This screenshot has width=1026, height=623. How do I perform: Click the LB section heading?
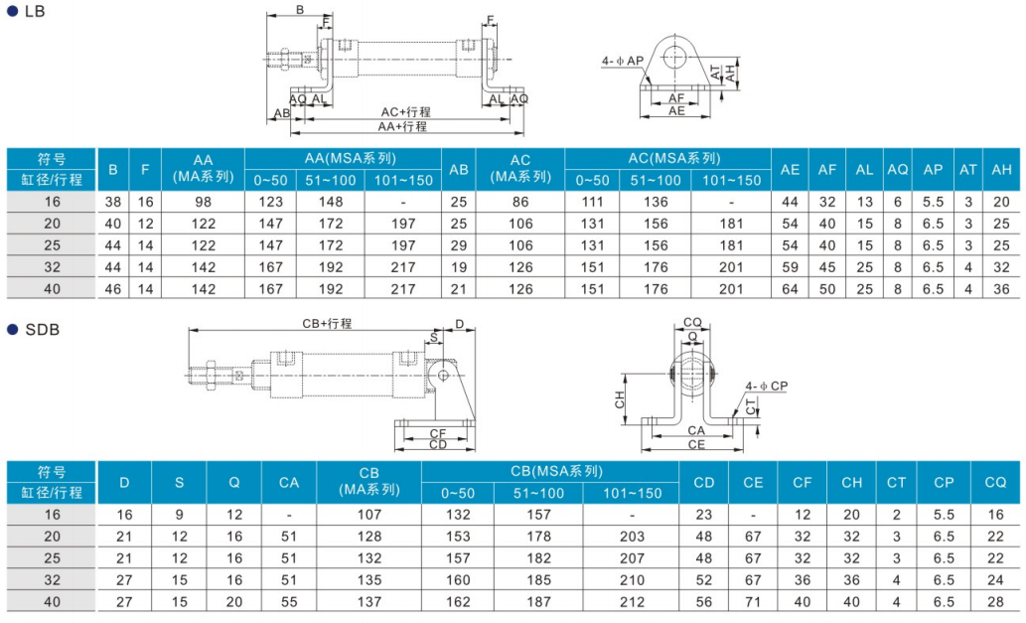pyautogui.click(x=35, y=11)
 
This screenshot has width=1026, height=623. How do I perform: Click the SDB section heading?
pyautogui.click(x=42, y=329)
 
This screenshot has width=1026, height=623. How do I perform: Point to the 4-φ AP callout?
pyautogui.click(x=623, y=61)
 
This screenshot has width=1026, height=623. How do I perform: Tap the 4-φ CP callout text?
pyautogui.click(x=766, y=387)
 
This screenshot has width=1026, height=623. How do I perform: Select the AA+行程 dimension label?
pyautogui.click(x=402, y=126)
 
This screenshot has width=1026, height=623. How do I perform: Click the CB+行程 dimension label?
pyautogui.click(x=327, y=323)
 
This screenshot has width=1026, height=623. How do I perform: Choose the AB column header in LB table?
pyautogui.click(x=459, y=169)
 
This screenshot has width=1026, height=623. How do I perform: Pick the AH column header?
pyautogui.click(x=1001, y=169)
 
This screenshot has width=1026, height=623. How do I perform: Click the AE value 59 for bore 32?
pyautogui.click(x=790, y=267)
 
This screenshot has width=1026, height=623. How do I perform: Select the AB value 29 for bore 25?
pyautogui.click(x=459, y=245)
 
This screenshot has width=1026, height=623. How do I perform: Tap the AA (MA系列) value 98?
pyautogui.click(x=204, y=202)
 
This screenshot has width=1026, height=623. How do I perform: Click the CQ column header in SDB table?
pyautogui.click(x=995, y=482)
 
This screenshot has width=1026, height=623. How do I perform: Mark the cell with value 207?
pyautogui.click(x=632, y=558)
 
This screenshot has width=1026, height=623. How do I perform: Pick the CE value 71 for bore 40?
pyautogui.click(x=753, y=601)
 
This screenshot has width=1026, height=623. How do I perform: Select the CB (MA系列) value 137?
pyautogui.click(x=369, y=601)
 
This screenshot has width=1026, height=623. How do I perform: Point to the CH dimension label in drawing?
pyautogui.click(x=620, y=399)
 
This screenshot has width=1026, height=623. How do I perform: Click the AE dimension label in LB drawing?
pyautogui.click(x=676, y=110)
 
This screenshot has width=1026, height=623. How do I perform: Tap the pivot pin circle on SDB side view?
pyautogui.click(x=443, y=375)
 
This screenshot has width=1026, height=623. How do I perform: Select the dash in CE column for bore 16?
pyautogui.click(x=753, y=515)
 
